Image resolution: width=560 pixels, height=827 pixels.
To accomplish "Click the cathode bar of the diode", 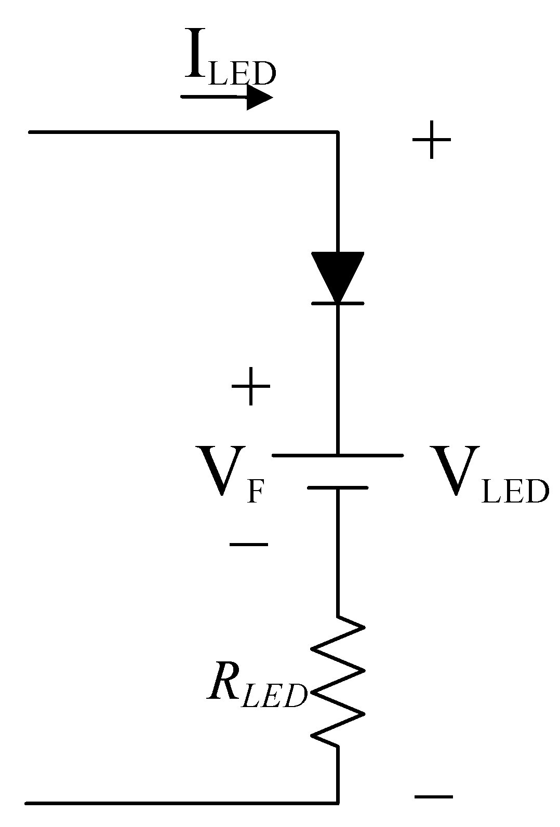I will (x=338, y=303).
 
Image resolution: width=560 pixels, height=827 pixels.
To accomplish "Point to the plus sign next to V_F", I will (x=251, y=387).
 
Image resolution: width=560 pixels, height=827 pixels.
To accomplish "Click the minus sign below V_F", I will (x=249, y=544).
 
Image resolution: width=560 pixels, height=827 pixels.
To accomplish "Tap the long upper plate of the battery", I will (x=338, y=455).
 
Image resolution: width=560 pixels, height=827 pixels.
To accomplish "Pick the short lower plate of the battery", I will (x=338, y=488).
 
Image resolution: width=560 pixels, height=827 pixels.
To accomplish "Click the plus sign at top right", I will (x=431, y=140).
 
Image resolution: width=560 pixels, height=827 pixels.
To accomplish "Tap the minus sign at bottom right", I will (x=433, y=796).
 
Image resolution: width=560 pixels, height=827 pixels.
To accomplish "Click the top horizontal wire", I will (x=182, y=132).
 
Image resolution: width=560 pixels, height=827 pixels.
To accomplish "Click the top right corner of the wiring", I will (x=338, y=133).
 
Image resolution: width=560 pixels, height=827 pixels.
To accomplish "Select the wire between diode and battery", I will (x=338, y=379).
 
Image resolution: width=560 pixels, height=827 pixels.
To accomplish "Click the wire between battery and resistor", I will (x=338, y=553).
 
